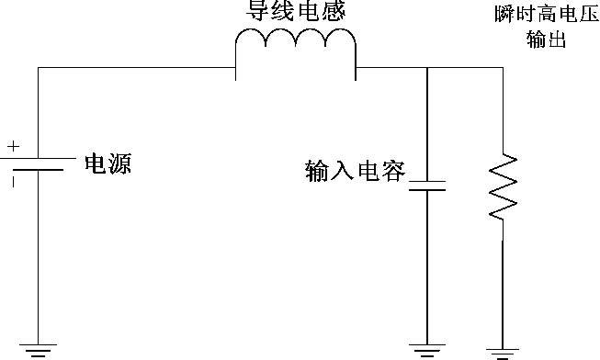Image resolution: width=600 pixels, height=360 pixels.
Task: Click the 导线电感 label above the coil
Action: coord(295,12)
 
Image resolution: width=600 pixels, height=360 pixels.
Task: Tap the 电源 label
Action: coord(108,164)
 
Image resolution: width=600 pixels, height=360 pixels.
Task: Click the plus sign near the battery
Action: coord(13,145)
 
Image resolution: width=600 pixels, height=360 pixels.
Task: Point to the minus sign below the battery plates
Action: coord(13,181)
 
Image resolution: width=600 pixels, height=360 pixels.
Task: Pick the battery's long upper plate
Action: coord(38,157)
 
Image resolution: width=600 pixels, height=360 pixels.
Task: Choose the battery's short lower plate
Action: coord(38,171)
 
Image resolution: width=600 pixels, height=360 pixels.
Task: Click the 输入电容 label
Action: coord(355,171)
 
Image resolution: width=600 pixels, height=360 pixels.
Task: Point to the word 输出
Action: coord(546,40)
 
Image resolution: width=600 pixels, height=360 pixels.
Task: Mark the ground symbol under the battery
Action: coord(38,348)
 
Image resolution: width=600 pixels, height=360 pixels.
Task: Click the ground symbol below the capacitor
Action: coord(427,348)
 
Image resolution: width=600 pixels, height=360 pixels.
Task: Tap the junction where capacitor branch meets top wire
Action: coord(427,67)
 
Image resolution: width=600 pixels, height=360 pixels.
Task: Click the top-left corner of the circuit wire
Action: coord(38,67)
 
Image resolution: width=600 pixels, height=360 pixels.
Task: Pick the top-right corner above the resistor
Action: coord(503,67)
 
